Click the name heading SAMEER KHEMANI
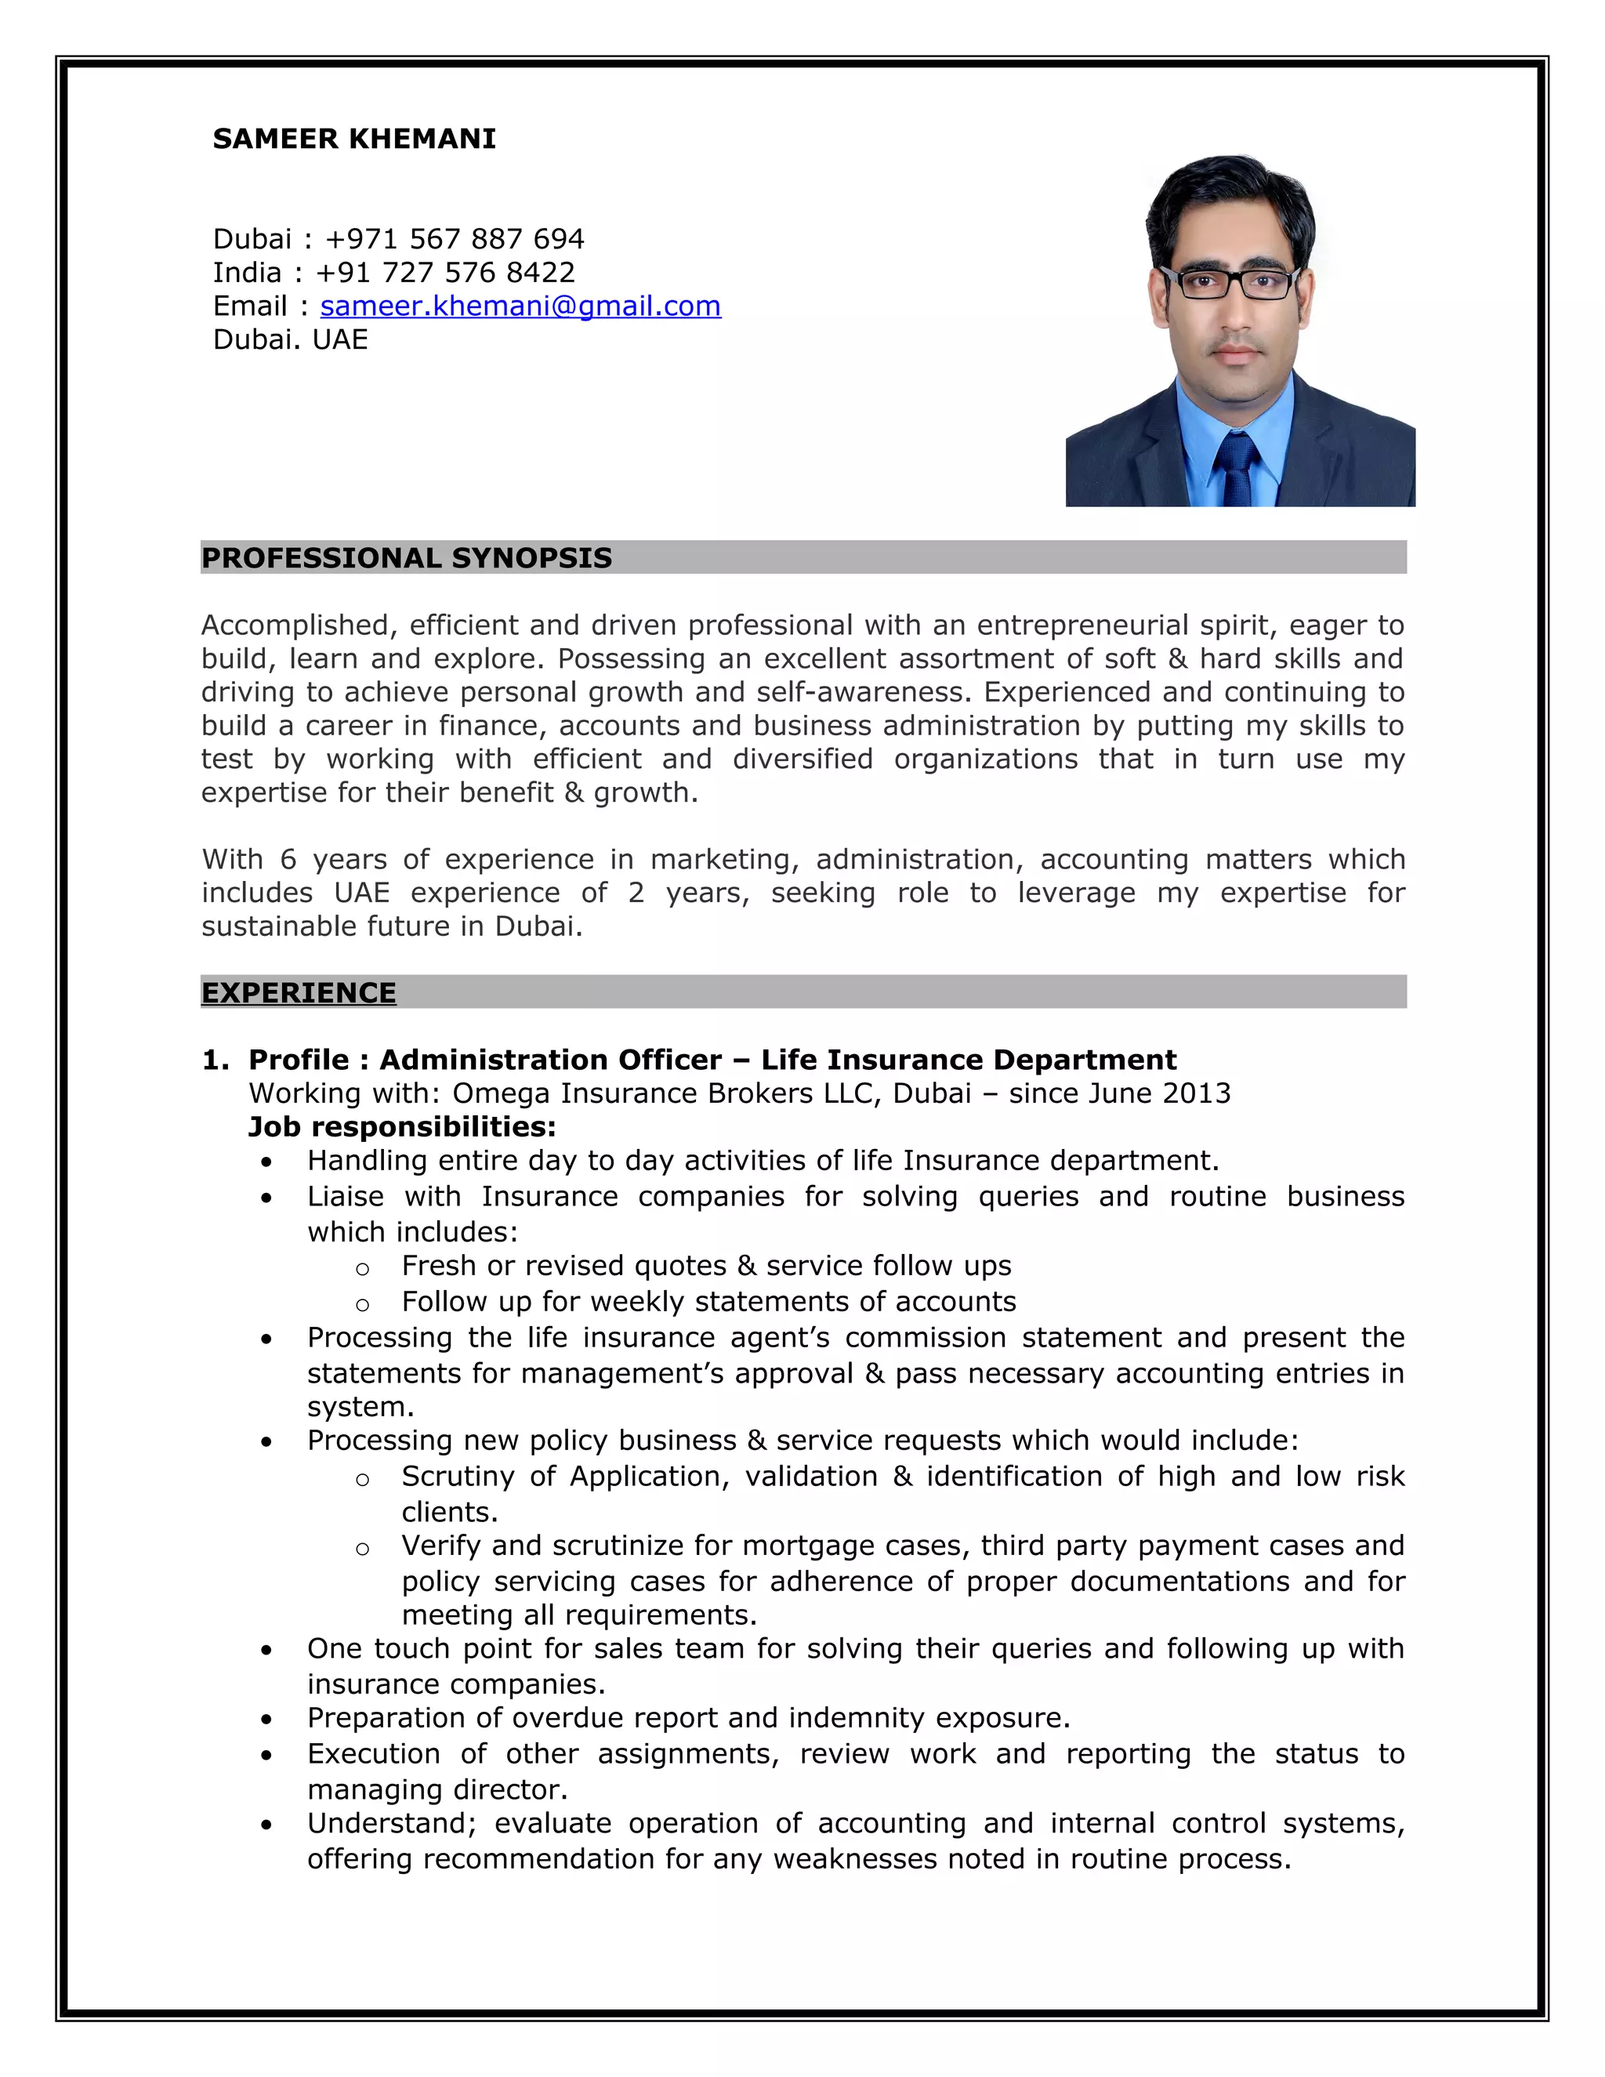[x=353, y=139]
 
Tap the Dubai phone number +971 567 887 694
[x=454, y=239]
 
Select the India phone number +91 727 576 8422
[x=444, y=273]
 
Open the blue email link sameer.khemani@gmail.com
[x=520, y=306]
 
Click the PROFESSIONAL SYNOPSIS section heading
[x=406, y=558]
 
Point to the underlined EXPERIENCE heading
[x=299, y=993]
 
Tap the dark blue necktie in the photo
[x=1235, y=466]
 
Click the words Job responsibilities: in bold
[x=401, y=1127]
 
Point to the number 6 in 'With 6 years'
[x=287, y=860]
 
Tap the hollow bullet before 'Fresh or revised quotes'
[x=362, y=1269]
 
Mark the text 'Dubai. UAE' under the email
[x=290, y=339]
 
